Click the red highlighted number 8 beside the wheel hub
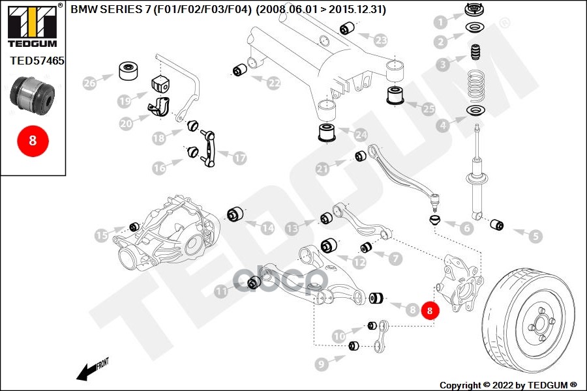(x=430, y=311)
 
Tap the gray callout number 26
(x=89, y=83)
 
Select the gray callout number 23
(x=381, y=40)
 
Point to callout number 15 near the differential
(x=102, y=235)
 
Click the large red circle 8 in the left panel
(x=33, y=139)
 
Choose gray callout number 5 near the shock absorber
(x=535, y=237)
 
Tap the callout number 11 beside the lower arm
(x=223, y=292)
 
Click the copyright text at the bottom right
(x=508, y=384)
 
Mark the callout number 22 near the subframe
(x=273, y=83)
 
